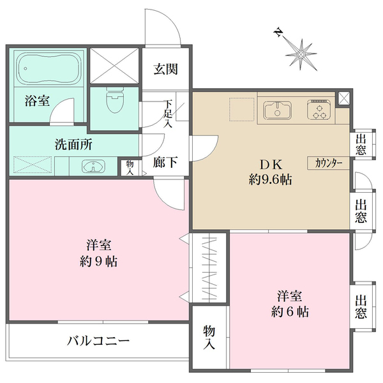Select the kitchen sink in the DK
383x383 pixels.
277,110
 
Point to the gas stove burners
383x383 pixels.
318,110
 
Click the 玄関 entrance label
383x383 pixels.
165,70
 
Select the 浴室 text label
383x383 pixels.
37,101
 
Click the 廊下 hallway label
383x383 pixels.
165,163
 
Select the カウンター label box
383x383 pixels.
329,163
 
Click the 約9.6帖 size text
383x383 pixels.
270,180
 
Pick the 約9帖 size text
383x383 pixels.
99,261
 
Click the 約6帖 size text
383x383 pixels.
289,313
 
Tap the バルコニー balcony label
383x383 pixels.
99,341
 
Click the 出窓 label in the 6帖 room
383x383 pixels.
361,306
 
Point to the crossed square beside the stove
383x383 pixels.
344,99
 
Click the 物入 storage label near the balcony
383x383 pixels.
209,337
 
